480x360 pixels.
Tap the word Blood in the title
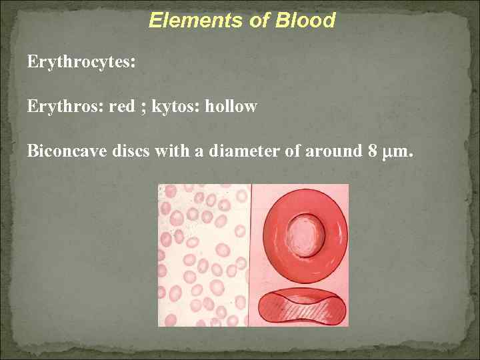point(308,21)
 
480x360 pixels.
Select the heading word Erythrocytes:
point(81,63)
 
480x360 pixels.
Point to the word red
point(121,107)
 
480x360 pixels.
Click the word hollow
point(233,107)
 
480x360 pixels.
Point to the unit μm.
point(399,152)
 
